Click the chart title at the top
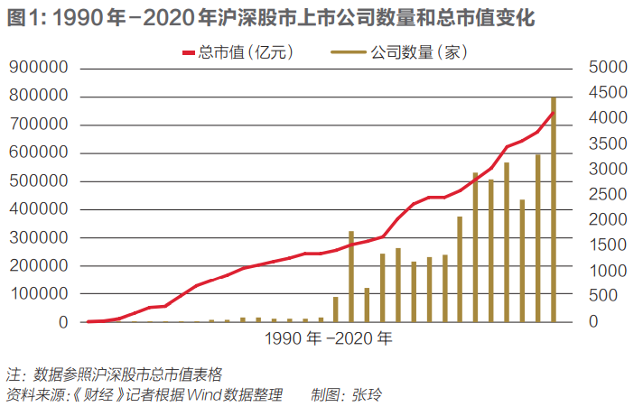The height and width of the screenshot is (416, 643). pos(271,17)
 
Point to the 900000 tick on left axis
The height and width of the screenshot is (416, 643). pos(41,68)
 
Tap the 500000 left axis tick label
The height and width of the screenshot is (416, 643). pos(41,180)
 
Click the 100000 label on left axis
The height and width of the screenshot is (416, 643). pos(41,294)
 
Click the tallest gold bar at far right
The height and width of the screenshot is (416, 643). pos(554,208)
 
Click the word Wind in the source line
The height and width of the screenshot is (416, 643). pos(205,395)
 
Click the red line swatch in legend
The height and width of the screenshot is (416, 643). pos(190,53)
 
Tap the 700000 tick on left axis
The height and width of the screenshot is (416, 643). pos(41,125)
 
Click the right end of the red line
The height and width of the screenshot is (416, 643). pos(554,112)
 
